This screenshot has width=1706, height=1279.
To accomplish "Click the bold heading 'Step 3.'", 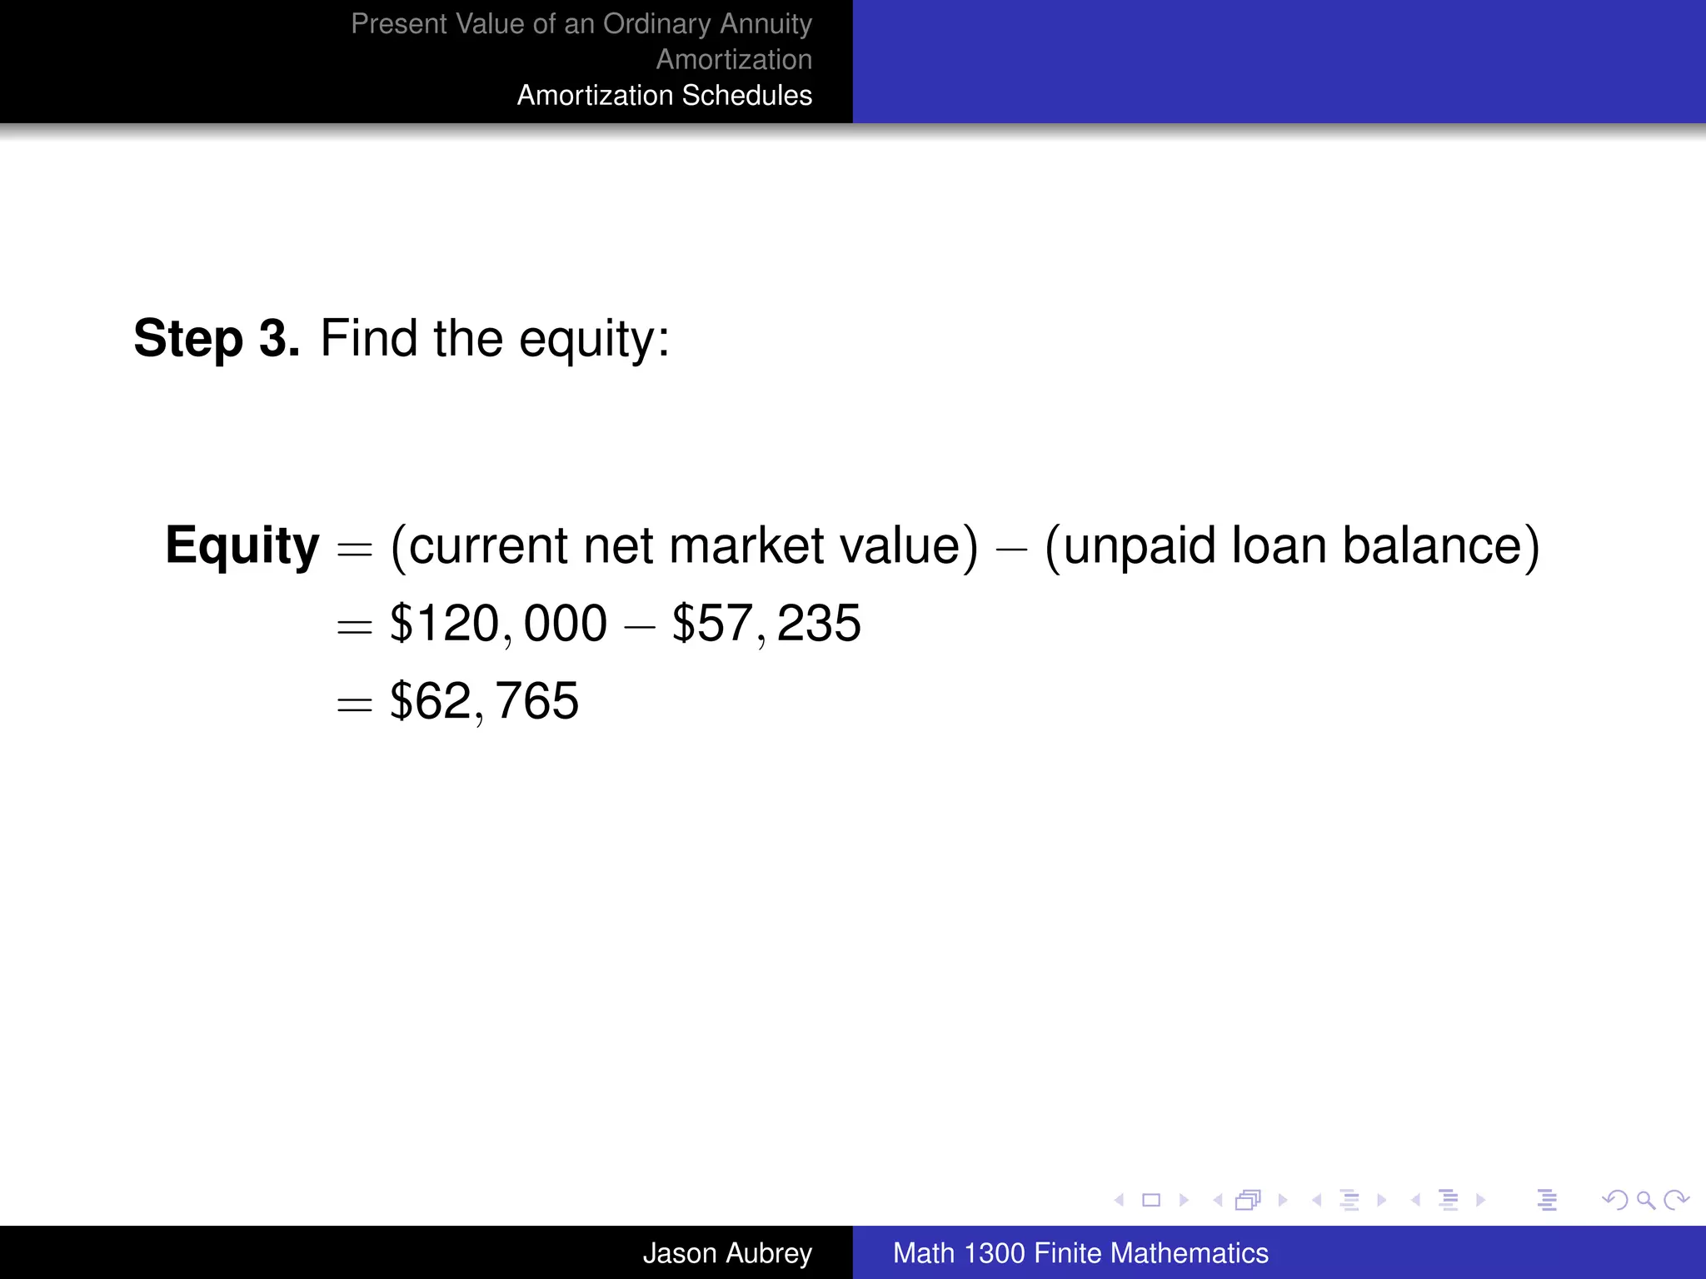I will pyautogui.click(x=216, y=339).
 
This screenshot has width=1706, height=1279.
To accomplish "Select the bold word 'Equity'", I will pyautogui.click(x=242, y=546).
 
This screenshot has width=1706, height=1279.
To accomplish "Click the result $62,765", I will pyautogui.click(x=484, y=701).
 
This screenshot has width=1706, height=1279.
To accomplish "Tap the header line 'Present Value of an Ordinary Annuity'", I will pyautogui.click(x=581, y=23).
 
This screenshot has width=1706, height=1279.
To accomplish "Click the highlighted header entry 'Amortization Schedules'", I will pyautogui.click(x=664, y=95).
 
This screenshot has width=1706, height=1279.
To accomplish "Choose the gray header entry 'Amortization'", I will pyautogui.click(x=734, y=59).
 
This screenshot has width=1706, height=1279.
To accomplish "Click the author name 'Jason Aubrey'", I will pyautogui.click(x=726, y=1252).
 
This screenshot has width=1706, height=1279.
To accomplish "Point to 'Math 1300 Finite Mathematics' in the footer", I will pyautogui.click(x=1080, y=1252).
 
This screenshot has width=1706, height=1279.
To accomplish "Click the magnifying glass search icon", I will pyautogui.click(x=1645, y=1200).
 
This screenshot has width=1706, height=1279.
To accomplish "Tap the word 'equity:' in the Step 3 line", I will pyautogui.click(x=594, y=339).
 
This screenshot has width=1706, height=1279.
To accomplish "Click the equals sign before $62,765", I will pyautogui.click(x=354, y=704).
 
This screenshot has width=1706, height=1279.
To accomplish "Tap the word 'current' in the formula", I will pyautogui.click(x=488, y=546).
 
